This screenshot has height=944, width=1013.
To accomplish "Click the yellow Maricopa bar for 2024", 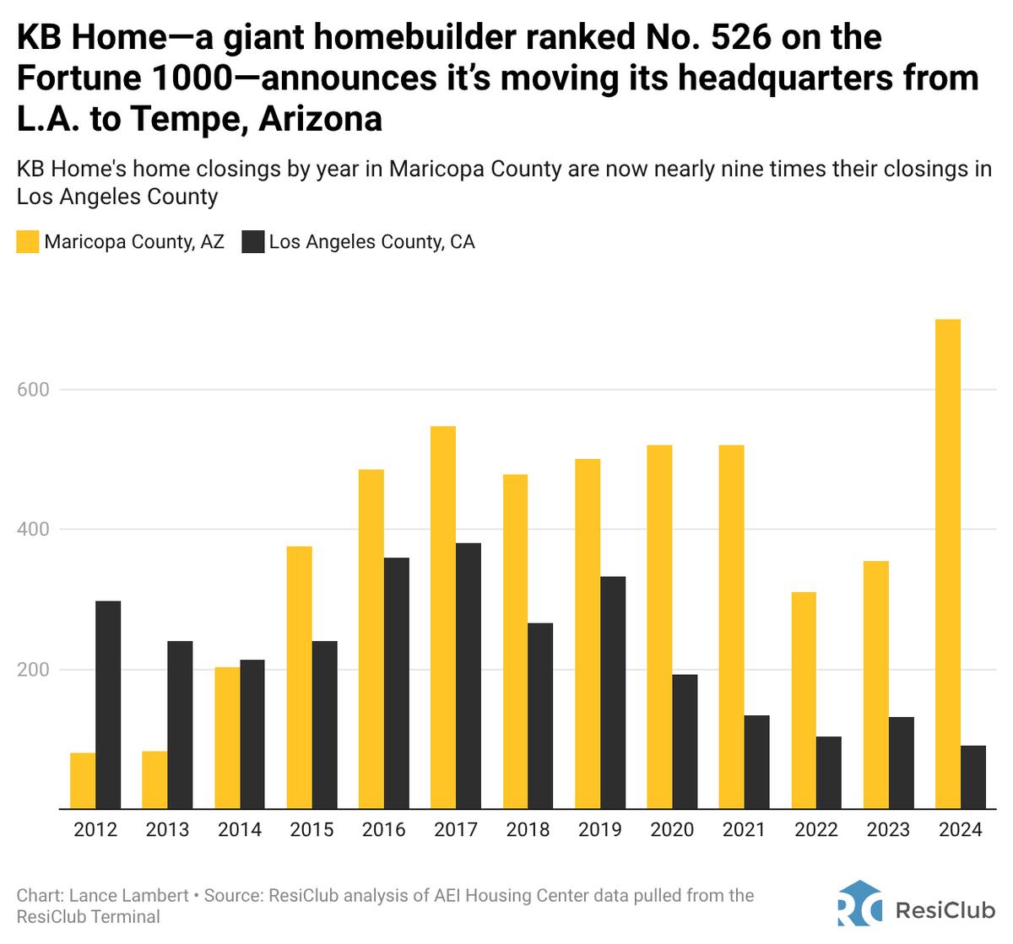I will coord(948,564).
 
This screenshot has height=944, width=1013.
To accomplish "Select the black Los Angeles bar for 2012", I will coord(108,705).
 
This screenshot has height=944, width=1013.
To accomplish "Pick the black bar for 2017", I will coord(469,676).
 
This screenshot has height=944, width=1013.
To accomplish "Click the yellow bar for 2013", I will coord(154,780).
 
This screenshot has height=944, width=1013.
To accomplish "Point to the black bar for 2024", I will coord(973,777).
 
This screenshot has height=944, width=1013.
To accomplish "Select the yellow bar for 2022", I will coord(804,700).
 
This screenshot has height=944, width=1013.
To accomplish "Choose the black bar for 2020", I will coord(685,742).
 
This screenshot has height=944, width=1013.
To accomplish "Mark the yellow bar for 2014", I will coord(227,738).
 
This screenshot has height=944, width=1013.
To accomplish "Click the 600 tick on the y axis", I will coord(33,390).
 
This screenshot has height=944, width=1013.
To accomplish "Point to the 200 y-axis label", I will coord(33,670).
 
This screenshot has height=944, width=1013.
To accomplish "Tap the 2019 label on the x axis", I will coord(600,830).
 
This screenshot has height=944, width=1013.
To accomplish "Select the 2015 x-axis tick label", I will coord(311,830).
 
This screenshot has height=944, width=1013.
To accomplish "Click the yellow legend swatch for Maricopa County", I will coord(28,242).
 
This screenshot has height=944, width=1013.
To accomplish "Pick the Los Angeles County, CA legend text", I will coord(371,242).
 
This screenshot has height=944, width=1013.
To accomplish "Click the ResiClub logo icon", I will coord(859,904).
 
